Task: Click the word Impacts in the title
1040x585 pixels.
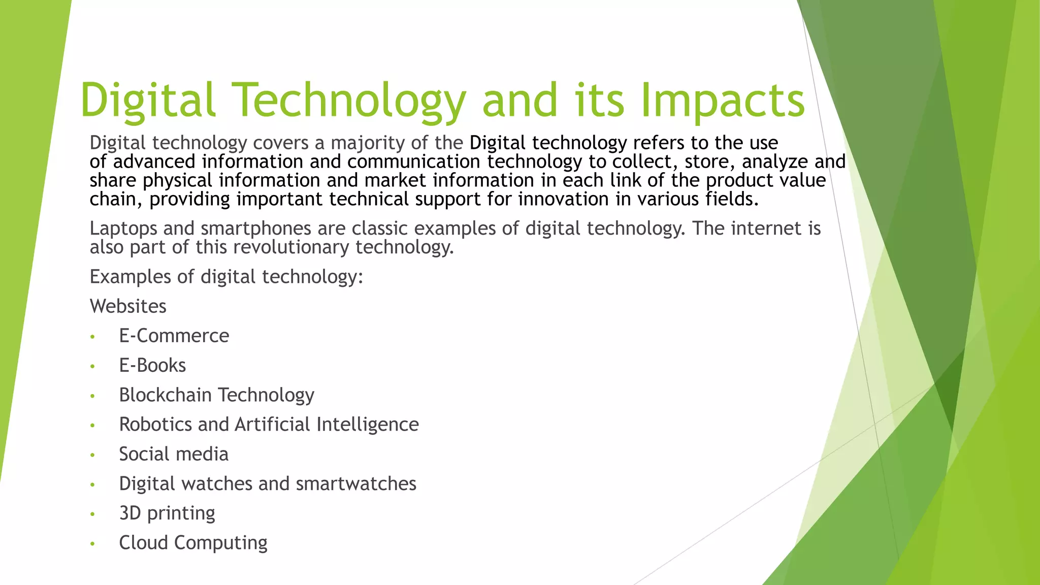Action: click(723, 101)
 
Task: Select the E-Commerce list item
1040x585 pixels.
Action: click(174, 336)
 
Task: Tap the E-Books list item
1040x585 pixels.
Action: click(152, 365)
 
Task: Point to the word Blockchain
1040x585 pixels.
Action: click(165, 395)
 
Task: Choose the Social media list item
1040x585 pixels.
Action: click(174, 453)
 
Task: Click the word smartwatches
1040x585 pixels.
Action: click(356, 483)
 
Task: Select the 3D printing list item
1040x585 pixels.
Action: click(167, 513)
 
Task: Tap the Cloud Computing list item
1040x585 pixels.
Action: click(193, 542)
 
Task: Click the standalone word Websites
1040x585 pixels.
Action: click(128, 306)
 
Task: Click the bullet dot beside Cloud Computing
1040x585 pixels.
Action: click(92, 544)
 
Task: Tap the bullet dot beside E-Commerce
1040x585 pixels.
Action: click(92, 337)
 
